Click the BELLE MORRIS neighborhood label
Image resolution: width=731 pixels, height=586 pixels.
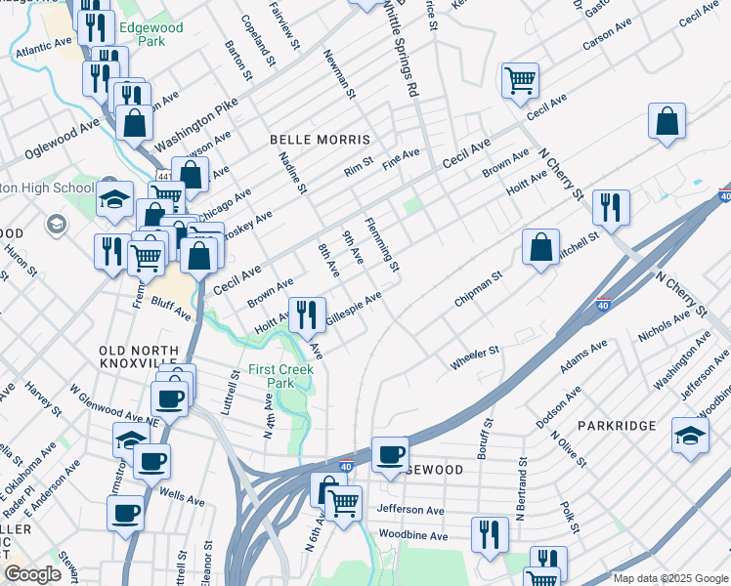click(x=321, y=141)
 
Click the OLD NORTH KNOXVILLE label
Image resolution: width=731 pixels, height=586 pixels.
click(x=139, y=357)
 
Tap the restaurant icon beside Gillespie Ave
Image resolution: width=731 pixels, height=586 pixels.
click(x=308, y=314)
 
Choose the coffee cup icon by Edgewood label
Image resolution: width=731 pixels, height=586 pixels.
click(x=390, y=454)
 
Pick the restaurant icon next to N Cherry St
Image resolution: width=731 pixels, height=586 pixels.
click(x=611, y=208)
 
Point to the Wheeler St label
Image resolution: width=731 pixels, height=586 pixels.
click(x=474, y=357)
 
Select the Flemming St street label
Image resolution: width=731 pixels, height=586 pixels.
click(x=382, y=245)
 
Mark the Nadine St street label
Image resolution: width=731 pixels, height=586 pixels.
click(x=293, y=172)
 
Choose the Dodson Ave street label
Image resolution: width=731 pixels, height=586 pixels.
click(x=559, y=406)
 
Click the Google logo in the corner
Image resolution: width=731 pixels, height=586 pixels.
click(x=33, y=574)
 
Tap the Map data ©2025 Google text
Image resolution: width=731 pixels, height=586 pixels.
click(x=670, y=578)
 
